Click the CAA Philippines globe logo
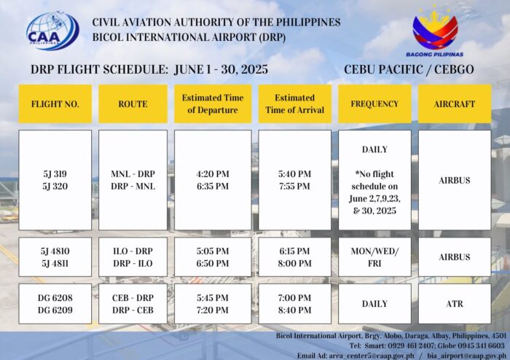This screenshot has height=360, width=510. [x=52, y=31]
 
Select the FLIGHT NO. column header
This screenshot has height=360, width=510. [x=55, y=104]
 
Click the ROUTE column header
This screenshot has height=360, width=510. [x=133, y=104]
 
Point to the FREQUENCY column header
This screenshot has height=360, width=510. [x=374, y=104]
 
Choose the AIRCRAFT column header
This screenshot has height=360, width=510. [x=455, y=104]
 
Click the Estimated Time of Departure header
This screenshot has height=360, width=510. [x=213, y=104]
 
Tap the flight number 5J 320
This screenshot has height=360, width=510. [x=55, y=187]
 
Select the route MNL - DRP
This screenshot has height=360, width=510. [x=133, y=174]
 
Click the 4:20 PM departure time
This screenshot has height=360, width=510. [x=213, y=174]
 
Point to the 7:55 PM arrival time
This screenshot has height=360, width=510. [x=294, y=187]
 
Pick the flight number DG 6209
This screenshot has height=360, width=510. [x=55, y=310]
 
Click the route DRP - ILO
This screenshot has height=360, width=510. [x=133, y=263]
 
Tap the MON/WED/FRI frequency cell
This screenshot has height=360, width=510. [x=374, y=257]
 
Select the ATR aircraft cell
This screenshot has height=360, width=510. [x=455, y=304]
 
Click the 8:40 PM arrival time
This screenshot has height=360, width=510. [x=294, y=310]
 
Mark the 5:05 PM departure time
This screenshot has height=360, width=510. [x=213, y=251]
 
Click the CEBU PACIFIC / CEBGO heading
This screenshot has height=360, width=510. [x=409, y=69]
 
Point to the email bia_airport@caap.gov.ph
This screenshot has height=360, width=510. [x=466, y=356]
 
